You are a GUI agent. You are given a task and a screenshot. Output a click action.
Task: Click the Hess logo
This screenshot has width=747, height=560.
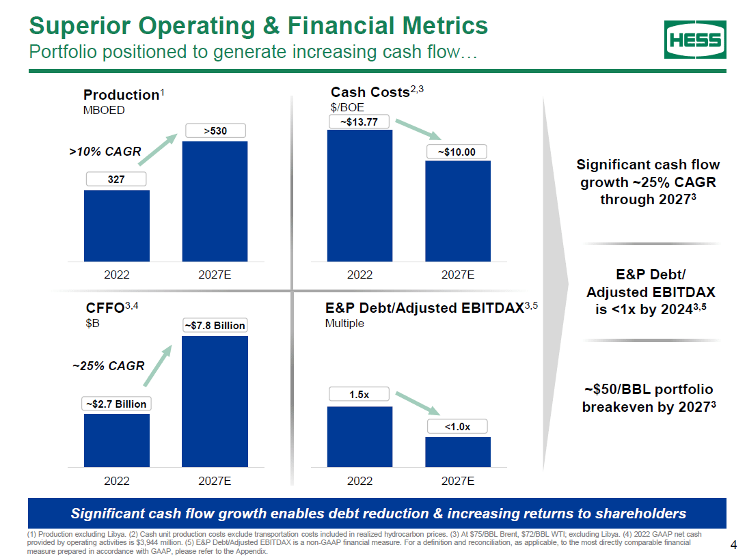tap(695, 40)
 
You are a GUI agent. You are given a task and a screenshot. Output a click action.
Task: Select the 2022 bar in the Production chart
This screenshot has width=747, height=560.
tap(117, 225)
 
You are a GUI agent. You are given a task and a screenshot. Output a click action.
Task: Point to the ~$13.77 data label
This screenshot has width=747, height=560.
tap(359, 122)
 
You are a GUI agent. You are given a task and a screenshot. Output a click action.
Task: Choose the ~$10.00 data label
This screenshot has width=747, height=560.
tap(457, 151)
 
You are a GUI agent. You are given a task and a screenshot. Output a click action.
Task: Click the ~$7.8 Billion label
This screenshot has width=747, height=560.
tap(215, 326)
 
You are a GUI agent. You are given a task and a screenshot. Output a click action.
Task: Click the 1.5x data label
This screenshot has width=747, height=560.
tap(359, 394)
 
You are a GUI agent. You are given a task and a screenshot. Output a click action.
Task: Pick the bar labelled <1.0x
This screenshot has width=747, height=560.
tap(458, 452)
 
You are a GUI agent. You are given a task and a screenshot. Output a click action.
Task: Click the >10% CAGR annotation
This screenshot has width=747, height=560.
tap(105, 152)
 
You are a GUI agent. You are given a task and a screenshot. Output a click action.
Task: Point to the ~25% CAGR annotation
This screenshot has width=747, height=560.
tap(109, 365)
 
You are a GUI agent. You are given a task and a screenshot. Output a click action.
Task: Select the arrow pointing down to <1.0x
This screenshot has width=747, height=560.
tap(418, 402)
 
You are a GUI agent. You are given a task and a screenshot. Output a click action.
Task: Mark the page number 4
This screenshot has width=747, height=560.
tap(733, 544)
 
